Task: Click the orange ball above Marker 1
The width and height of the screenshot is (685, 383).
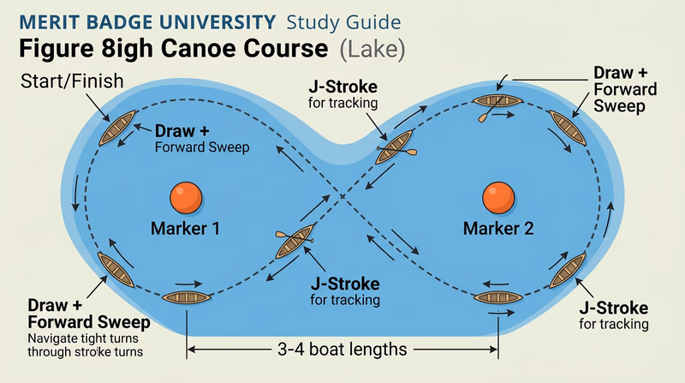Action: click(184, 197)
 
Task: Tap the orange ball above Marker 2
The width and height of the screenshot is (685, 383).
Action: click(497, 197)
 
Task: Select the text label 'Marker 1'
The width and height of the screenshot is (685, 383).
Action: click(185, 229)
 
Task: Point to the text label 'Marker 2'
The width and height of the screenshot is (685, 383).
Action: click(498, 229)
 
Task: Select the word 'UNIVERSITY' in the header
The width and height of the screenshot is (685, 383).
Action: click(220, 21)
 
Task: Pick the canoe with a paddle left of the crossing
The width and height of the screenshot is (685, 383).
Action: click(293, 244)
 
